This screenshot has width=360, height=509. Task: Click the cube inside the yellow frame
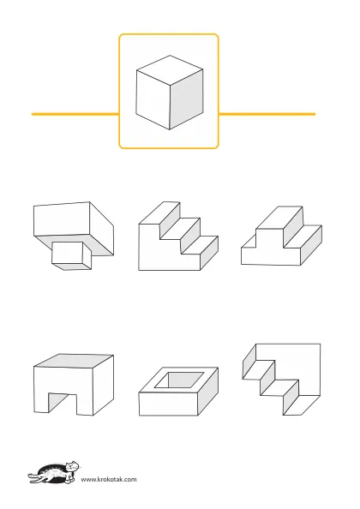coord(170,93)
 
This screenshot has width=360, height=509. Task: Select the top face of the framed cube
coord(170,69)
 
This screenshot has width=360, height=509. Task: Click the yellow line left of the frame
coord(75,114)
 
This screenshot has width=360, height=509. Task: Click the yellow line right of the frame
coord(267,114)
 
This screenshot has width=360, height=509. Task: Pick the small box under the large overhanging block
coord(72,256)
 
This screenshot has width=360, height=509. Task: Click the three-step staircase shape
coord(178,236)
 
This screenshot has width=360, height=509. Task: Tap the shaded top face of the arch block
coord(74,361)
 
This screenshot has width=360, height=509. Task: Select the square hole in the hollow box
coord(179,380)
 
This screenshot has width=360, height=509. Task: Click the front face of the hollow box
coord(168,404)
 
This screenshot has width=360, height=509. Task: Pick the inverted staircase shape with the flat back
coord(282,379)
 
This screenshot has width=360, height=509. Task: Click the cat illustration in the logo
coord(54,473)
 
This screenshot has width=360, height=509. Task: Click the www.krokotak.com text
coord(109,480)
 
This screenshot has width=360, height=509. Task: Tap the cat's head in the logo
coord(72,466)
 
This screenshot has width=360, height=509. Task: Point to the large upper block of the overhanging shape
coord(74,228)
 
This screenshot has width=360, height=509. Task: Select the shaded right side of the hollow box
coord(208,391)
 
